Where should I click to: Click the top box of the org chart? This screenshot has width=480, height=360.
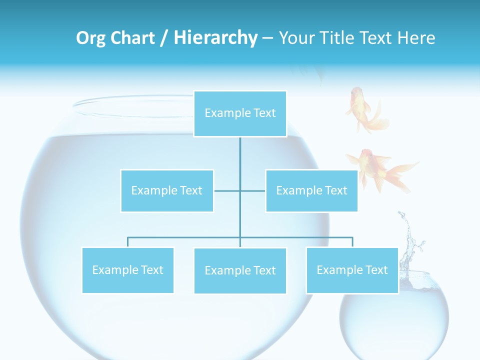coord(240,113)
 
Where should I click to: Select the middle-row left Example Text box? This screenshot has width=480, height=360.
coord(167,190)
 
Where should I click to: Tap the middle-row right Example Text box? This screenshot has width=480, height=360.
coord(311,190)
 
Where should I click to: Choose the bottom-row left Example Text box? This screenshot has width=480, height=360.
coord(128,270)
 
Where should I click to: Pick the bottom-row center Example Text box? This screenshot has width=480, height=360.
coord(240,270)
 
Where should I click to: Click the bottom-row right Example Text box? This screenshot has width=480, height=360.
coord(352,270)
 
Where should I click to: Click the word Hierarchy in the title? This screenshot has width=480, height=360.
coord(215,38)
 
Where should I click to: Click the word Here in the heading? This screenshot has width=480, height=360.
coord(416,38)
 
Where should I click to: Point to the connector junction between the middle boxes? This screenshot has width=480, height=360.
coord(240,190)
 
